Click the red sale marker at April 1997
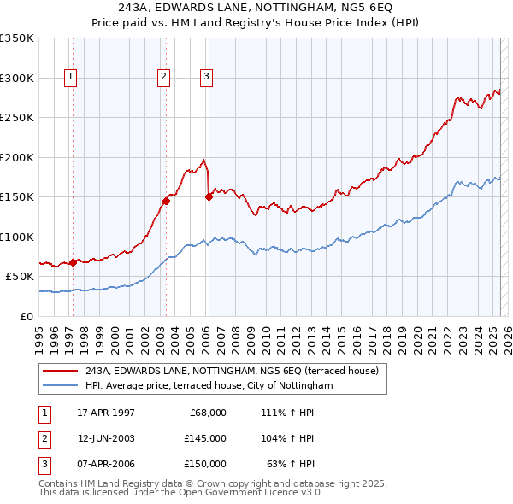(74, 262)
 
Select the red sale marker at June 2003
(166, 202)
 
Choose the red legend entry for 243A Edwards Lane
(236, 371)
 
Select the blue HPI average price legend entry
(213, 386)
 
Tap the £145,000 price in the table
(204, 438)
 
